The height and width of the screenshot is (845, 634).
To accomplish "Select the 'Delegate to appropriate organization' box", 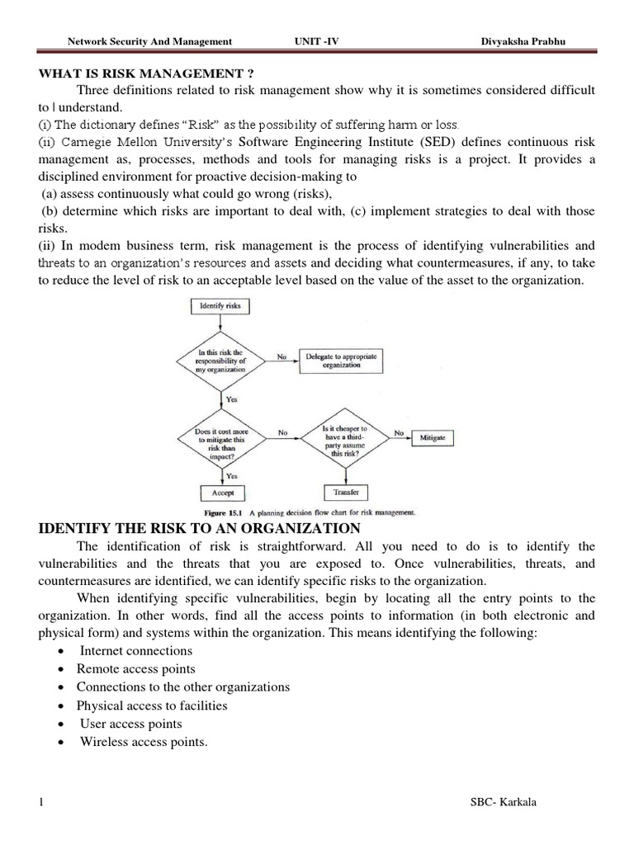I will (341, 360).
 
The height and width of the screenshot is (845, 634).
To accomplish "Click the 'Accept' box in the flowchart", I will (222, 493).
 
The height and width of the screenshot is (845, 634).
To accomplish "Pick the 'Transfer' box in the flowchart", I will (345, 493).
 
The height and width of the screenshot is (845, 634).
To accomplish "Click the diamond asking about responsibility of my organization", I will (220, 361).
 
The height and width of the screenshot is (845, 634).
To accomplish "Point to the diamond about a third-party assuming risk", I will (346, 436).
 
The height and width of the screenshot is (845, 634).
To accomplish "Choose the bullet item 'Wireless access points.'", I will (144, 742).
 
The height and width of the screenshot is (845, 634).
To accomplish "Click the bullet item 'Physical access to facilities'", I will (151, 706).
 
